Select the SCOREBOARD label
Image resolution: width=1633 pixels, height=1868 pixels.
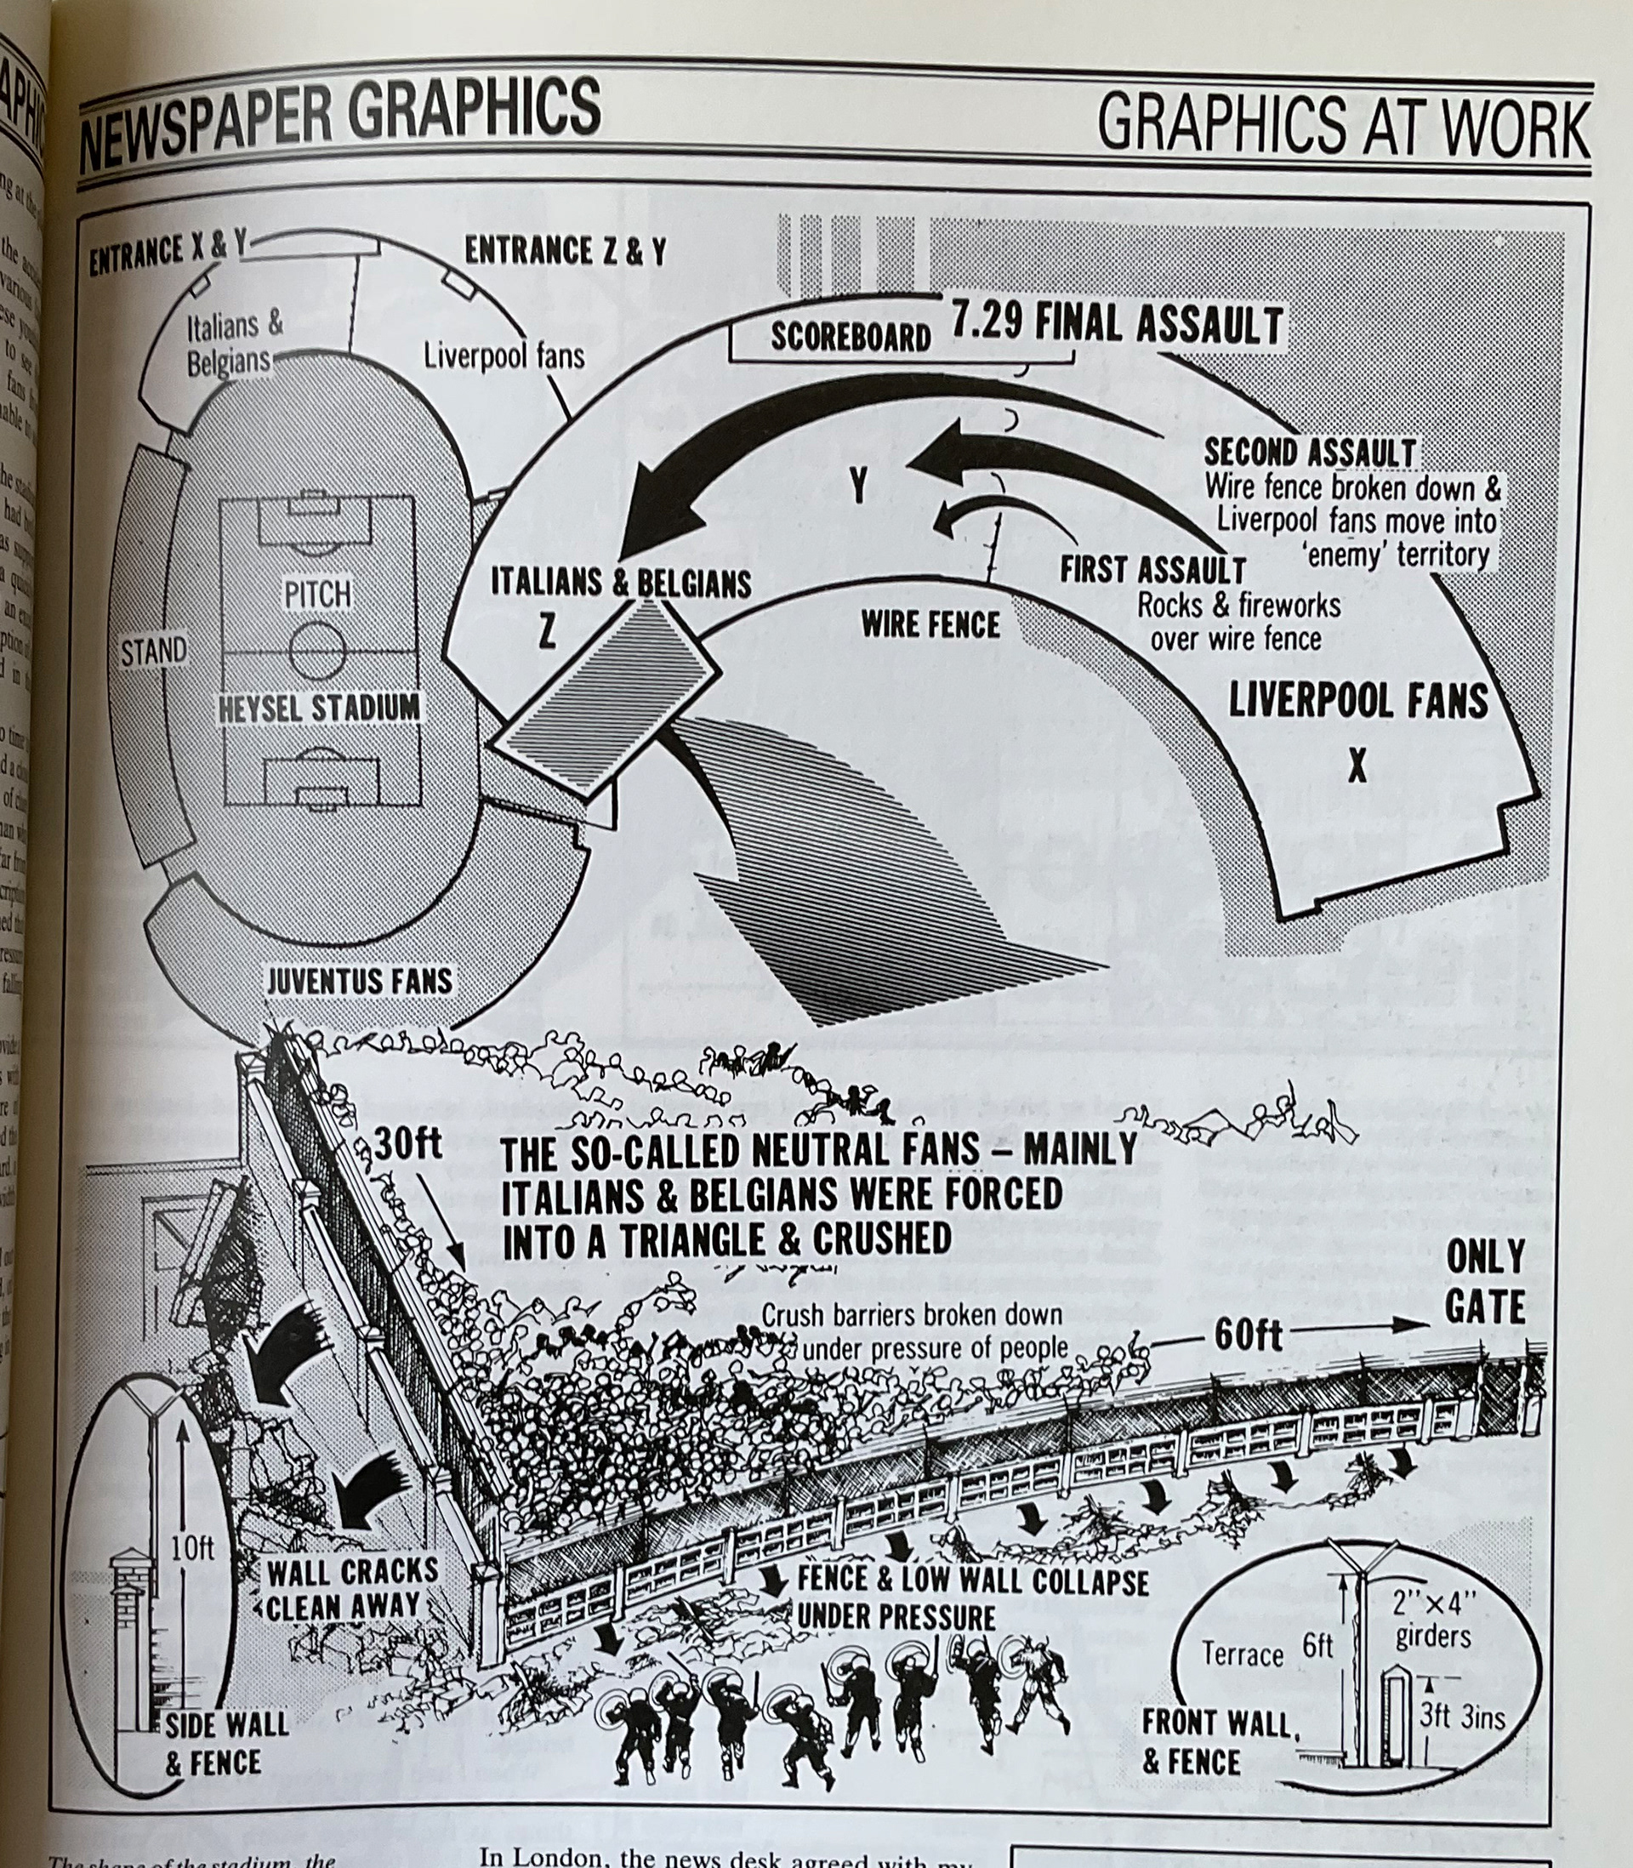(x=851, y=337)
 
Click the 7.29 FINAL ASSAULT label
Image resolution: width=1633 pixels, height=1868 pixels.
(x=1118, y=325)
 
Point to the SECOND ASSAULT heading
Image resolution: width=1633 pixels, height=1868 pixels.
(x=1310, y=452)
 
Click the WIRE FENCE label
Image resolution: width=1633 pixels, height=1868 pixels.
(x=930, y=625)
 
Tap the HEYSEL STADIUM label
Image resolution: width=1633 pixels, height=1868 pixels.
(x=319, y=707)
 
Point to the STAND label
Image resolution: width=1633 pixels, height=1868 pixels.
(x=154, y=652)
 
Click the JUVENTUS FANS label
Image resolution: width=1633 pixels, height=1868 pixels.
(x=359, y=981)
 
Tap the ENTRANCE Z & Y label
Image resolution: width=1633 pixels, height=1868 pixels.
(x=566, y=252)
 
